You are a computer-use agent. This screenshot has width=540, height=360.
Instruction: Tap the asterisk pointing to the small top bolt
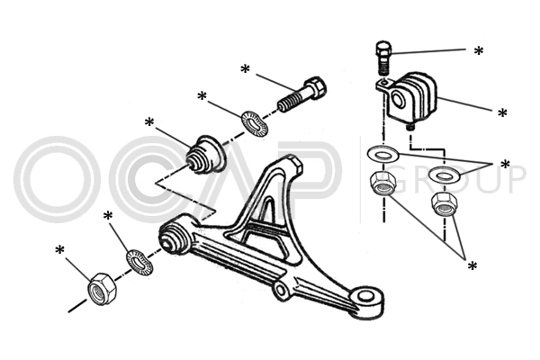pos(479,51)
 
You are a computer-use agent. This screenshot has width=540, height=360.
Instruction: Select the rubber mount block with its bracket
pos(411,98)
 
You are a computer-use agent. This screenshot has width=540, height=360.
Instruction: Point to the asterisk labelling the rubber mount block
pos(502,114)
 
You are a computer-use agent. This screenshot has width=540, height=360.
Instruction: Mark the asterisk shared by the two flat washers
pos(505,166)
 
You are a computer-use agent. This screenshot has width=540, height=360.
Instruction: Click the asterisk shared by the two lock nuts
pos(472,265)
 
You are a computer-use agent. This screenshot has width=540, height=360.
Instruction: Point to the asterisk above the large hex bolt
pos(245,69)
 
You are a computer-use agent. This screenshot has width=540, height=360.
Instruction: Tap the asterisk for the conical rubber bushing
pos(149,121)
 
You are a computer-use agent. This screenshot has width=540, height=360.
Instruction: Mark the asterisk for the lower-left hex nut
pos(60,250)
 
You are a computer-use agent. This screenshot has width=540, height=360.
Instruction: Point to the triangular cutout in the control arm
pos(264,212)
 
